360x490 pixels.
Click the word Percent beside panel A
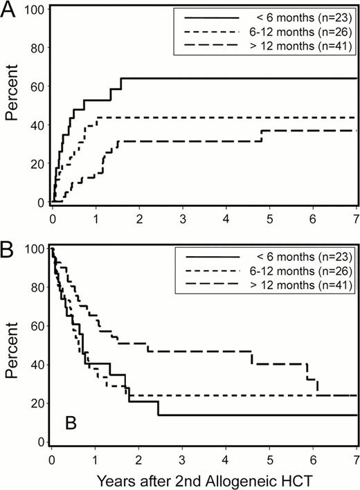pyautogui.click(x=12, y=107)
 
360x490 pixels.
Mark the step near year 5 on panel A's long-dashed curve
pyautogui.click(x=262, y=136)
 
